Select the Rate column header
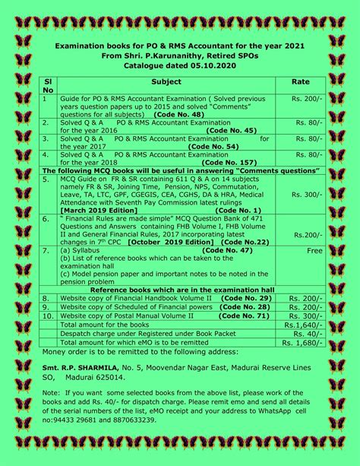click(300, 81)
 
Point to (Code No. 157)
click(230, 162)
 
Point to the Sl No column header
click(48, 85)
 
